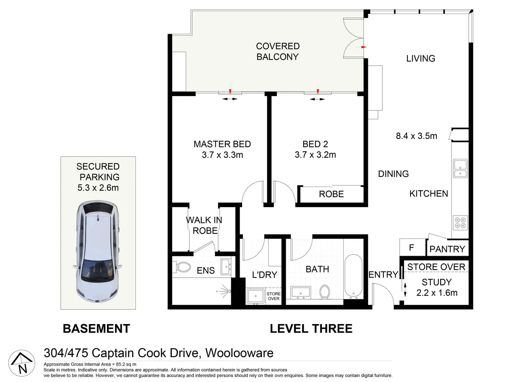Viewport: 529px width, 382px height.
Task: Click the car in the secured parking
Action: [x=98, y=251]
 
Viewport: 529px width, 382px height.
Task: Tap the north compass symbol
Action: [x=22, y=363]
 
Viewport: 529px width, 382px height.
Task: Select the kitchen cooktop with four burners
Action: [x=460, y=223]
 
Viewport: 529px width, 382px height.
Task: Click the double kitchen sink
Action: [x=460, y=168]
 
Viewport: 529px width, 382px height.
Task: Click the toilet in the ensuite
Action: [x=181, y=267]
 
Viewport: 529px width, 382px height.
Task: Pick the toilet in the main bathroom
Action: [x=325, y=292]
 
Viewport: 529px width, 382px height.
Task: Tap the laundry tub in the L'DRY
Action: [x=256, y=296]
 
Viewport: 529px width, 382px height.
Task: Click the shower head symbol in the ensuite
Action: [x=224, y=291]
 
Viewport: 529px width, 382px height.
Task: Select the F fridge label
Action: [x=411, y=247]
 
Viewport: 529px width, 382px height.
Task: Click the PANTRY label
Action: [x=447, y=249]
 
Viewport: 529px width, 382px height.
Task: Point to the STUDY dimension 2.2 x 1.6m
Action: [x=437, y=293]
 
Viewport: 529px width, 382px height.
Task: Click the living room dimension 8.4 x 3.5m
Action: [x=417, y=136]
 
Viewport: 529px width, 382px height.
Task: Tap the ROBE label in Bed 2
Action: [x=331, y=194]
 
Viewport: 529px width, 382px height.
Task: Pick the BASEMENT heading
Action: [x=96, y=328]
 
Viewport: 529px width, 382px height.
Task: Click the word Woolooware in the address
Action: [x=239, y=353]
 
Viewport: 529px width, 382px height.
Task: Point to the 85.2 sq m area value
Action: [x=126, y=364]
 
